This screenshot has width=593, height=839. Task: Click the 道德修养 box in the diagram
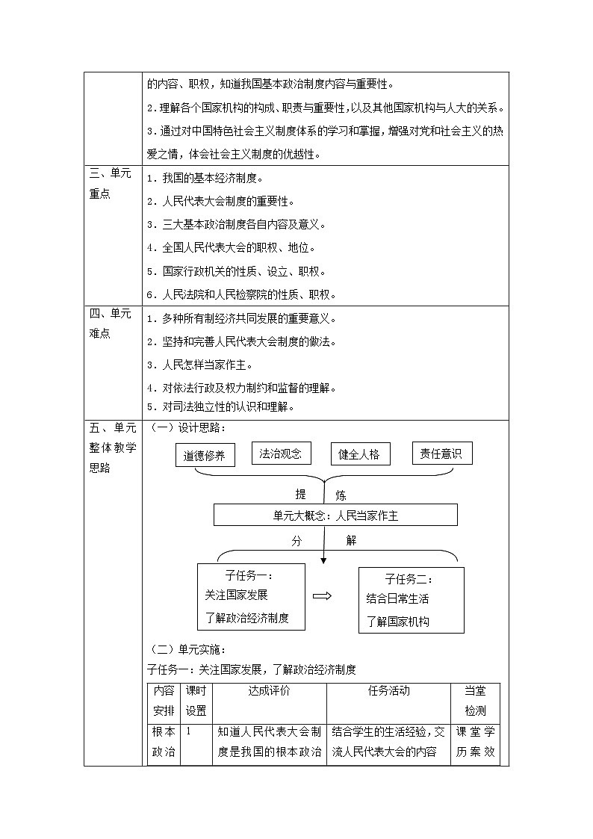pyautogui.click(x=205, y=455)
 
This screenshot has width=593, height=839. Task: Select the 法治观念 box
pyautogui.click(x=281, y=453)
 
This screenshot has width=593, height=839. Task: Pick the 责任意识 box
pyautogui.click(x=442, y=452)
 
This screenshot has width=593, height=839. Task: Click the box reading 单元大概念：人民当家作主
pyautogui.click(x=335, y=515)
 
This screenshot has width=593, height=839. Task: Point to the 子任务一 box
pyautogui.click(x=251, y=596)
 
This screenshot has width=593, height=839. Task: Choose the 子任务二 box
pyautogui.click(x=411, y=599)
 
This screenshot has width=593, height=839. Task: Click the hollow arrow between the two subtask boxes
pyautogui.click(x=323, y=595)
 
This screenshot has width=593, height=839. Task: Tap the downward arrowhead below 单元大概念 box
pyautogui.click(x=323, y=557)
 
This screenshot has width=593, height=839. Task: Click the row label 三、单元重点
pyautogui.click(x=111, y=183)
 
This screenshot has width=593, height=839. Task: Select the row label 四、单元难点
pyautogui.click(x=111, y=323)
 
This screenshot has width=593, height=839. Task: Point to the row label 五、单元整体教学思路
pyautogui.click(x=112, y=448)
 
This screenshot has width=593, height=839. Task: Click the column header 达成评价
pyautogui.click(x=270, y=691)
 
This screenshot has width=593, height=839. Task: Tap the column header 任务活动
pyautogui.click(x=388, y=691)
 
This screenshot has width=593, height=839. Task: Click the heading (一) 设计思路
pyautogui.click(x=188, y=427)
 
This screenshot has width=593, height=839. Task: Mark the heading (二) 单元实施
pyautogui.click(x=188, y=649)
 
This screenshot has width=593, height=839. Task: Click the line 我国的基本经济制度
pyautogui.click(x=206, y=179)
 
